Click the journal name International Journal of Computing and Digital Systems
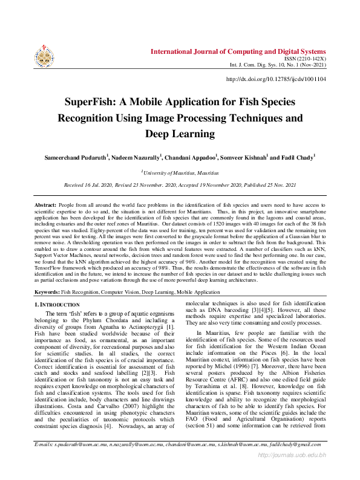tap(238, 51)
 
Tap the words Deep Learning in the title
tap(180, 133)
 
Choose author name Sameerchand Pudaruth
tap(75, 157)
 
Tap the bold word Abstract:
tap(45, 207)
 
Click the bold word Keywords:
tap(47, 292)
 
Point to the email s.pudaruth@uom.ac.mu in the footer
tap(79, 462)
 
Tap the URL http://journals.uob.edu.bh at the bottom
tap(292, 472)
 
